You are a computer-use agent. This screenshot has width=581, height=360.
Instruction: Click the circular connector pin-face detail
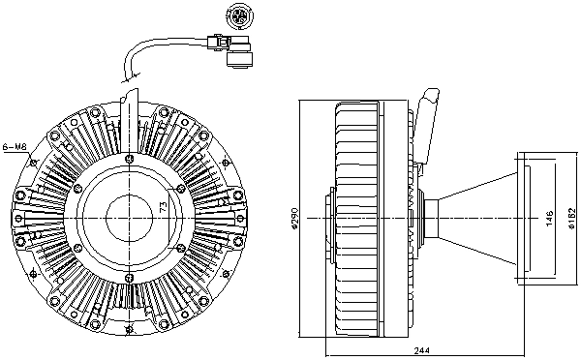(237, 17)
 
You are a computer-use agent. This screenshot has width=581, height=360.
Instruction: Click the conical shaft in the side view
(474, 218)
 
